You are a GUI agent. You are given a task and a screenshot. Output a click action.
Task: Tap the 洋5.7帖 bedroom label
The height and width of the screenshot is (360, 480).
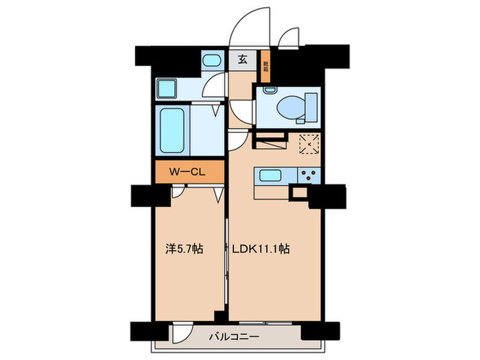click(x=188, y=249)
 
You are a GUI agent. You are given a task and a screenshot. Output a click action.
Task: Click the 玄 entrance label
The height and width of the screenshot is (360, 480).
click(x=242, y=59)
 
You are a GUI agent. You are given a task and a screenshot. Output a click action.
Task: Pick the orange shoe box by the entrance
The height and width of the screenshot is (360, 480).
click(x=265, y=66)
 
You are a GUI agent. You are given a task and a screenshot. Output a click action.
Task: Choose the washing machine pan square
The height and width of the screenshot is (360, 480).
click(x=167, y=89)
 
